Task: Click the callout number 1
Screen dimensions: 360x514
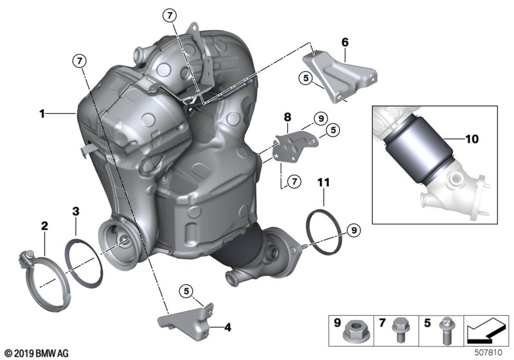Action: point(41,114)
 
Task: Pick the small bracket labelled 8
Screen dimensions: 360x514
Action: point(290,145)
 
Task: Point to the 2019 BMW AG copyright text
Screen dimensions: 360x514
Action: point(36,353)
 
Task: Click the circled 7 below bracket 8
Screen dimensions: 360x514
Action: point(294,182)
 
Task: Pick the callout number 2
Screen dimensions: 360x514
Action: point(44,226)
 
